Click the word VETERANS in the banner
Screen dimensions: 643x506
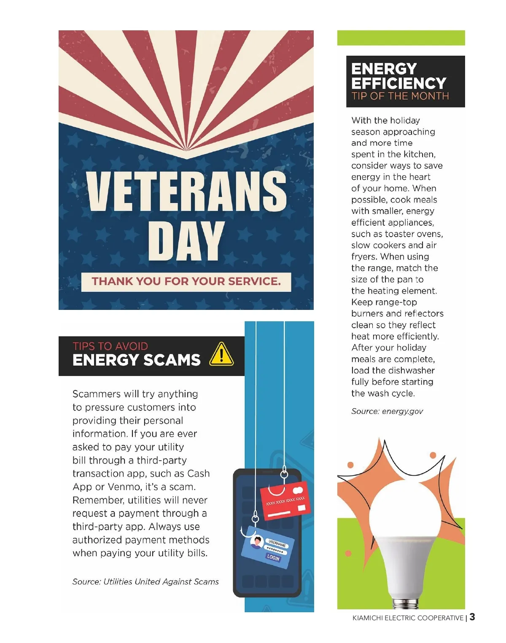click(186, 191)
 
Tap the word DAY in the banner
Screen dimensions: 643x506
click(186, 241)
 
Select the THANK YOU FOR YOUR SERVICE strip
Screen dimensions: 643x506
click(186, 281)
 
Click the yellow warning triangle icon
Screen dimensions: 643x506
click(221, 355)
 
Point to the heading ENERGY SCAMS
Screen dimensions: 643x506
click(136, 360)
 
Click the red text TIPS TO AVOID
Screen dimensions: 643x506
click(110, 346)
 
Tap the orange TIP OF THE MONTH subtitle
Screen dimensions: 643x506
click(400, 96)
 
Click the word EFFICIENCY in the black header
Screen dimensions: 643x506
click(398, 83)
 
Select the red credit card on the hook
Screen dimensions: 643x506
click(286, 500)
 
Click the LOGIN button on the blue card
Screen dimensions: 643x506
click(273, 558)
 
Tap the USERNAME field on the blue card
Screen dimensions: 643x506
click(277, 544)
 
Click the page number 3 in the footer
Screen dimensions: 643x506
click(472, 617)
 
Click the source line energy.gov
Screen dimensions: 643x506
click(387, 411)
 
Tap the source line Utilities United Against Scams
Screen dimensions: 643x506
click(145, 582)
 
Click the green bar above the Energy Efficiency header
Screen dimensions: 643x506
click(401, 38)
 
